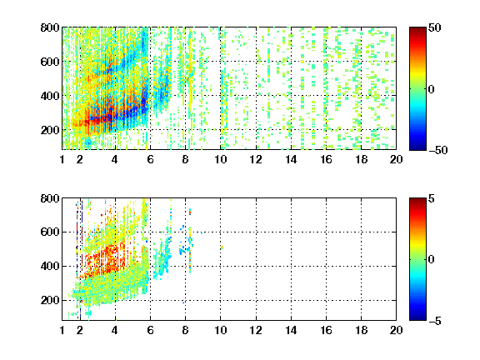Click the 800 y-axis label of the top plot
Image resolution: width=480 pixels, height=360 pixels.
(x=50, y=27)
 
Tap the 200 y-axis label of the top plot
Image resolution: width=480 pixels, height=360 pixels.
(x=50, y=130)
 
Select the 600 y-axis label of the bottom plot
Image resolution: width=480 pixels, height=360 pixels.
(x=50, y=232)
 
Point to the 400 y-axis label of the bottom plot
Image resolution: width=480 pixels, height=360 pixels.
(x=50, y=266)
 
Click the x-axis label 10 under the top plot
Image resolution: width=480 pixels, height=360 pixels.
(x=220, y=159)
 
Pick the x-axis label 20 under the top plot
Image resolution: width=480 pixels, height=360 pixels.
(x=396, y=159)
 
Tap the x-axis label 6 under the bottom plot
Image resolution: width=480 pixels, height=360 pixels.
(x=150, y=330)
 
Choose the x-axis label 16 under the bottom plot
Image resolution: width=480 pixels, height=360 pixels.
(x=326, y=330)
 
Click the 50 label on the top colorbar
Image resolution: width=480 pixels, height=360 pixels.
(x=434, y=27)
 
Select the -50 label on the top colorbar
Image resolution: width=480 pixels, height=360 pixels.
(x=437, y=150)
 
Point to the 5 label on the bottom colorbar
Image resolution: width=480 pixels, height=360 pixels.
(x=432, y=198)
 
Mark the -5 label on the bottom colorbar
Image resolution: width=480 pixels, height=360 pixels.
(x=435, y=321)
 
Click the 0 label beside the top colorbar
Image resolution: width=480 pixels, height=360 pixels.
(x=432, y=89)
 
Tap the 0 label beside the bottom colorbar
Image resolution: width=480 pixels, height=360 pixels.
(x=432, y=260)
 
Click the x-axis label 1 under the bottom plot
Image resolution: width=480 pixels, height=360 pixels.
(x=62, y=330)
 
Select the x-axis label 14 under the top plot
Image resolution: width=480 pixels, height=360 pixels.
(x=291, y=159)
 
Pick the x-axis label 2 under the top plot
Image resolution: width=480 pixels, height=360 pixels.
(x=80, y=159)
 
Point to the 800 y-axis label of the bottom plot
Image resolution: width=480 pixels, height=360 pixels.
(x=50, y=198)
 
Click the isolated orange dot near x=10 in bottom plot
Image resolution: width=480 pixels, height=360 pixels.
(x=222, y=247)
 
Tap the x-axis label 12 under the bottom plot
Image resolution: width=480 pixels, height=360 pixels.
(x=256, y=330)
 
